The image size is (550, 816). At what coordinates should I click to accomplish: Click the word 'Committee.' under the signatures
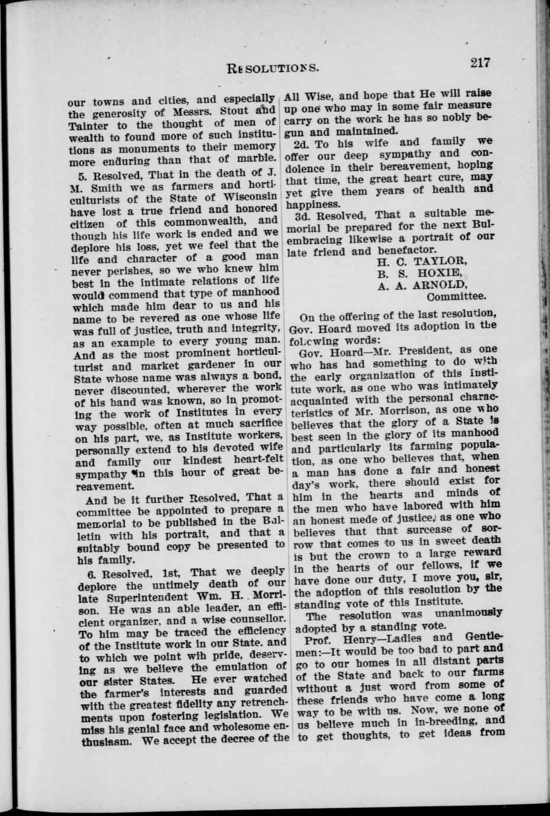[456, 297]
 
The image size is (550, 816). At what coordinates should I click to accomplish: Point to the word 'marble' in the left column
[256, 159]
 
